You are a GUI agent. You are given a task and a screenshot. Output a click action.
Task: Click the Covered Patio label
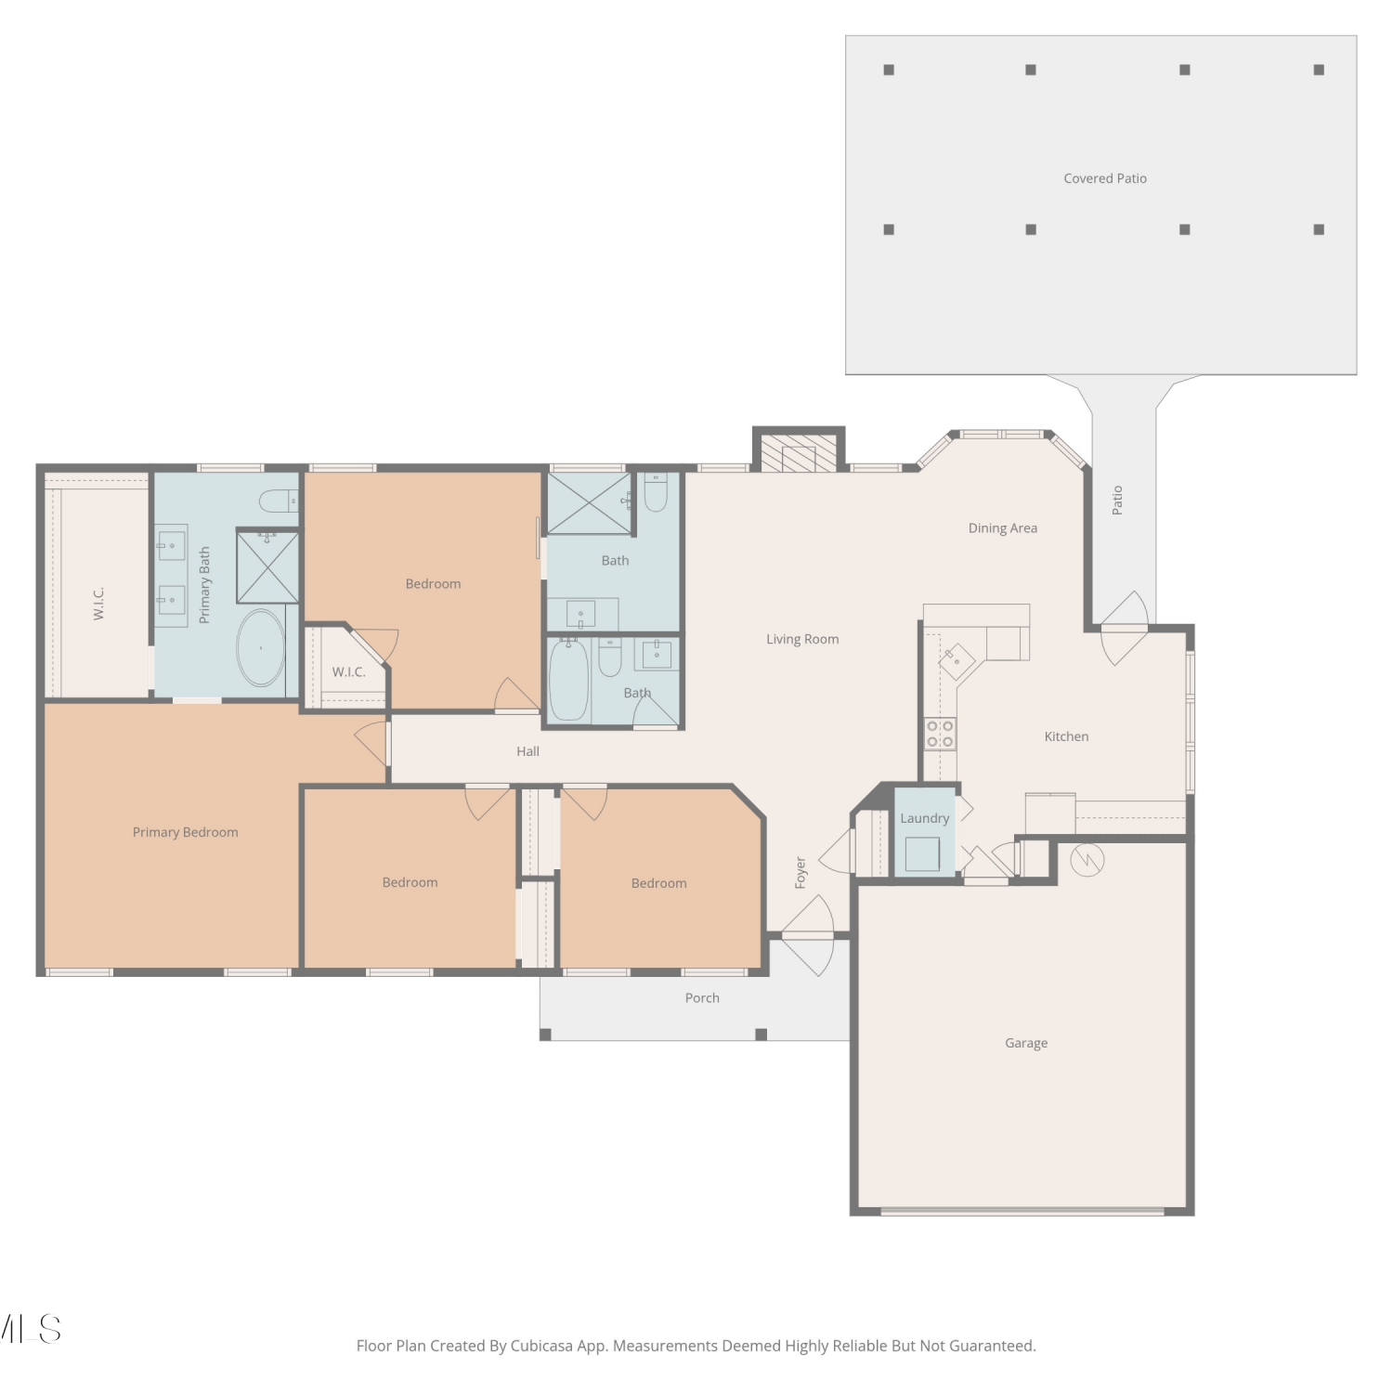1105,178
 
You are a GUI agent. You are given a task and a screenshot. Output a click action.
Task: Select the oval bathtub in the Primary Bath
261,647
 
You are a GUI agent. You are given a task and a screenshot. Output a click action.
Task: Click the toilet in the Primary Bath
279,501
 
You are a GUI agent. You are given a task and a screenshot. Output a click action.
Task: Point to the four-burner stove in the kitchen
940,734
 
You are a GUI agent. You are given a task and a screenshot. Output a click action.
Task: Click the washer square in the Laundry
922,853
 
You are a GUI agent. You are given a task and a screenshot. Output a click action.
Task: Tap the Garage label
1026,1043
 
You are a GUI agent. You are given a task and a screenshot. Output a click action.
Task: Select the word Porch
702,997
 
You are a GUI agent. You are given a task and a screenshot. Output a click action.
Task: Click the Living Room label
802,639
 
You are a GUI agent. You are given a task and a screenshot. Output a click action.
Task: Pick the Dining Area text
1003,528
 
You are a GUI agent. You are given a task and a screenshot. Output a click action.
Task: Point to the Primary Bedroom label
186,832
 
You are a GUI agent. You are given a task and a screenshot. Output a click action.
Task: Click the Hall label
527,751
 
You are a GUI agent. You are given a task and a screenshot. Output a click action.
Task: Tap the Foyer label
801,873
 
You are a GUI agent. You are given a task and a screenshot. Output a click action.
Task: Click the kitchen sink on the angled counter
956,663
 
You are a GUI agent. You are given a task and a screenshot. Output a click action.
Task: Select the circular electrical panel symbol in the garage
1087,860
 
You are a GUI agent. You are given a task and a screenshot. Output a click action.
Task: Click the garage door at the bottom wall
1022,1211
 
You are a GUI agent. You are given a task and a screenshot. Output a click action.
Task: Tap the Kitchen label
1066,736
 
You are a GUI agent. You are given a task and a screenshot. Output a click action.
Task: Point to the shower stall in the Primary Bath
267,566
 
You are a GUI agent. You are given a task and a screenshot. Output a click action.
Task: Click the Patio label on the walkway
1117,500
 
